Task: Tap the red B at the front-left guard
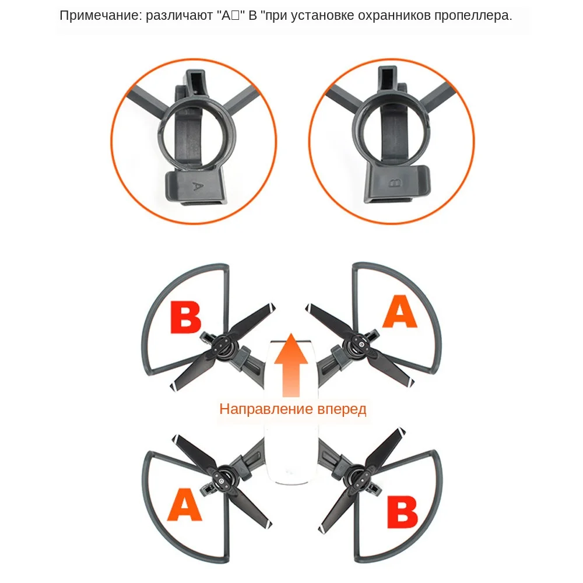coord(185,318)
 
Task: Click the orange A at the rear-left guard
coord(184,505)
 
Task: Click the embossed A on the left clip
coord(197,186)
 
